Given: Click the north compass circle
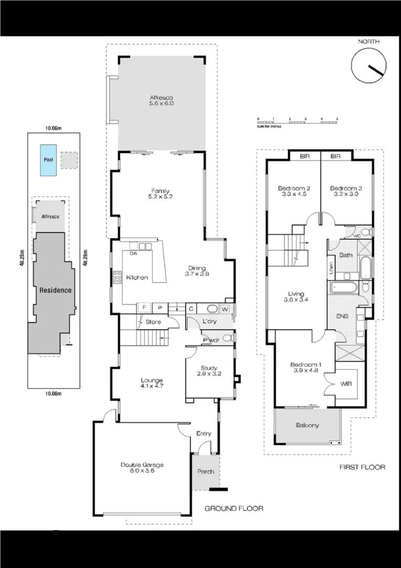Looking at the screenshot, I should pyautogui.click(x=369, y=65).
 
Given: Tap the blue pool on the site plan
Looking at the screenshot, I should pyautogui.click(x=48, y=159).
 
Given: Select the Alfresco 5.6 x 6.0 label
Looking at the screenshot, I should pyautogui.click(x=161, y=101).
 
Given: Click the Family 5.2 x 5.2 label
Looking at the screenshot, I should pyautogui.click(x=161, y=194).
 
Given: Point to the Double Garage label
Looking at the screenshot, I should pyautogui.click(x=142, y=468).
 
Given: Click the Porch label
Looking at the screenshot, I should pyautogui.click(x=206, y=471).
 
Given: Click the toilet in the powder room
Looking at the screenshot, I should pyautogui.click(x=227, y=338).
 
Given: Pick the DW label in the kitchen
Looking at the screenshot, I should pyautogui.click(x=133, y=252).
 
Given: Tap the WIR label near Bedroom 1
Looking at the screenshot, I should pyautogui.click(x=346, y=384).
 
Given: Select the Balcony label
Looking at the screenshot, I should pyautogui.click(x=308, y=425).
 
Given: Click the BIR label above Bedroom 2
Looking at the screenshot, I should pyautogui.click(x=304, y=156).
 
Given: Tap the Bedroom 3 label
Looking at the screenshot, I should pyautogui.click(x=346, y=191).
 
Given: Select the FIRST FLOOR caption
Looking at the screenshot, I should pyautogui.click(x=362, y=467).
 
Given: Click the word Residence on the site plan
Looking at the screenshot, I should pyautogui.click(x=56, y=290).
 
